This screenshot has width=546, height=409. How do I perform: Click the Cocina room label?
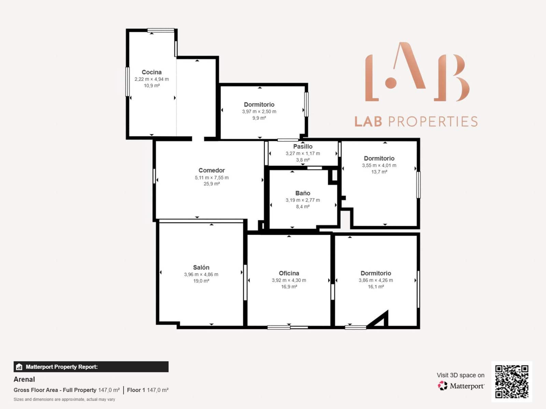(x=152, y=72)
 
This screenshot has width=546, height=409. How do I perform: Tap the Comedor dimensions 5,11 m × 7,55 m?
(x=212, y=178)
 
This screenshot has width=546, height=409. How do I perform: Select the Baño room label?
(x=303, y=193)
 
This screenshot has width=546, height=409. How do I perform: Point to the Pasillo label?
(x=303, y=147)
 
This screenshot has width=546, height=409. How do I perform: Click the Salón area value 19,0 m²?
(x=201, y=281)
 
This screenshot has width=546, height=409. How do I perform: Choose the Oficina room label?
(x=289, y=273)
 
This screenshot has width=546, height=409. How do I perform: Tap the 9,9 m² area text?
(x=259, y=118)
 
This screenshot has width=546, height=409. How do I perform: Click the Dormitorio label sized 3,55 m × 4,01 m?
(x=379, y=158)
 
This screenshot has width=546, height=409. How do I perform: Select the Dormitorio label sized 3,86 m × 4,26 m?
(x=375, y=273)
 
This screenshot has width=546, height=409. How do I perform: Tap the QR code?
(x=512, y=381)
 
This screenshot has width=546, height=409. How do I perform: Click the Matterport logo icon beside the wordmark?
(x=443, y=386)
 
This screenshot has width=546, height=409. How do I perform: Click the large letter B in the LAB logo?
(x=452, y=78)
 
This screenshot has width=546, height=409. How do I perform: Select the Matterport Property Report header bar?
(x=91, y=367)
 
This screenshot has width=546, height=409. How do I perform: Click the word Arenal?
(x=24, y=379)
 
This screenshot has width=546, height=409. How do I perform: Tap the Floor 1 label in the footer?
(x=136, y=390)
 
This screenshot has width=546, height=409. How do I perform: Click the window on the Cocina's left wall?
(x=127, y=81)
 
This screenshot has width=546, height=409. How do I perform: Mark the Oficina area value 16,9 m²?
(x=289, y=287)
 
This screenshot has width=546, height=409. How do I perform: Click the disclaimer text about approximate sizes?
(x=64, y=399)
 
